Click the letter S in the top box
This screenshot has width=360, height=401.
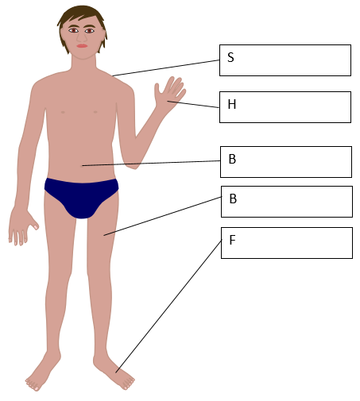pyautogui.click(x=230, y=57)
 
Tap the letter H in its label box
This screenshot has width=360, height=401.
pyautogui.click(x=232, y=104)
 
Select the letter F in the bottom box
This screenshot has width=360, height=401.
pyautogui.click(x=232, y=240)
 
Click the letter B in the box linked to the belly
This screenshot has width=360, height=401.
pyautogui.click(x=232, y=159)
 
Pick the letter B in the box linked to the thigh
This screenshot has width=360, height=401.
pyautogui.click(x=233, y=199)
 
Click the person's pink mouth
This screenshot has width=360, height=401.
pyautogui.click(x=82, y=46)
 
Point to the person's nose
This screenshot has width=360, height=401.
pyautogui.click(x=82, y=37)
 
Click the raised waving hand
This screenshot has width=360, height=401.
pyautogui.click(x=169, y=94)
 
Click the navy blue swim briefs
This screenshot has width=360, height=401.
pyautogui.click(x=82, y=197)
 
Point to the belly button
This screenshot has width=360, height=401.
pyautogui.click(x=82, y=166)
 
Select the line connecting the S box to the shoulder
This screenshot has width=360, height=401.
pyautogui.click(x=166, y=68)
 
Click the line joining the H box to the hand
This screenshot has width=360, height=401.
pyautogui.click(x=193, y=104)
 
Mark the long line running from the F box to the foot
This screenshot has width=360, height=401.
pyautogui.click(x=168, y=306)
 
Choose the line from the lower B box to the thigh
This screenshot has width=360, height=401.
pyautogui.click(x=163, y=216)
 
